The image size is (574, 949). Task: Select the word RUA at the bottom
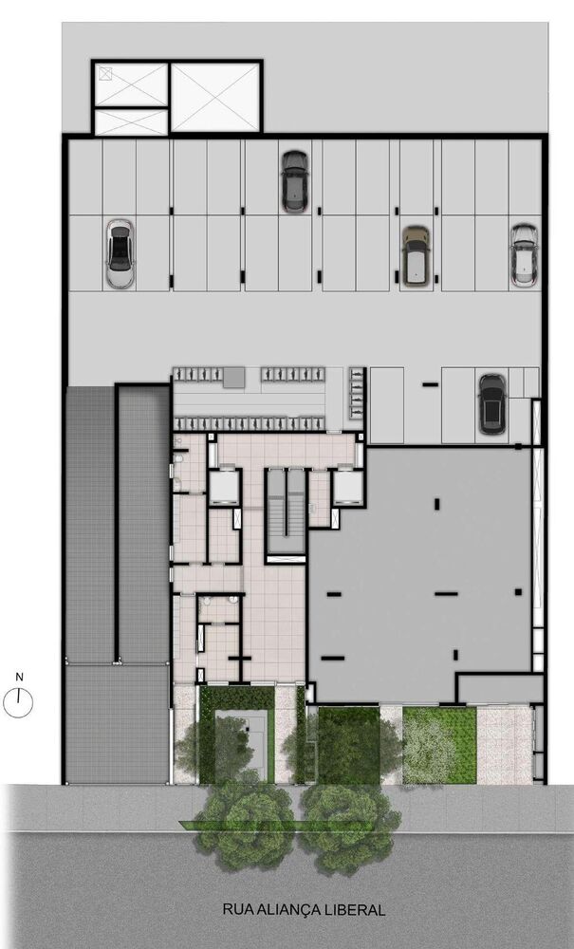pyautogui.click(x=237, y=909)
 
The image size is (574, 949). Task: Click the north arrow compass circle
pyautogui.click(x=19, y=703)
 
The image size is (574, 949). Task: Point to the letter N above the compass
pyautogui.click(x=19, y=677)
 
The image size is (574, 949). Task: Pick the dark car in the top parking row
pyautogui.click(x=294, y=181)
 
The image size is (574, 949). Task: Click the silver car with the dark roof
pyautogui.click(x=119, y=253)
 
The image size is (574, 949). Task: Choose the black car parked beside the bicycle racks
pyautogui.click(x=491, y=403)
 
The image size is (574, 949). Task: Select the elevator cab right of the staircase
pyautogui.click(x=347, y=487)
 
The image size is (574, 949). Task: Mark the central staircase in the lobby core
pyautogui.click(x=286, y=512)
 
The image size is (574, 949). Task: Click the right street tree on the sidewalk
pyautogui.click(x=348, y=824)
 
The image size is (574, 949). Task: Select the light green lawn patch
pyautogui.click(x=438, y=745)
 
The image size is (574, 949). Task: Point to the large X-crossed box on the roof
pyautogui.click(x=215, y=97)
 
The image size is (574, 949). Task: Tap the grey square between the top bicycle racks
pyautogui.click(x=233, y=378)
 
